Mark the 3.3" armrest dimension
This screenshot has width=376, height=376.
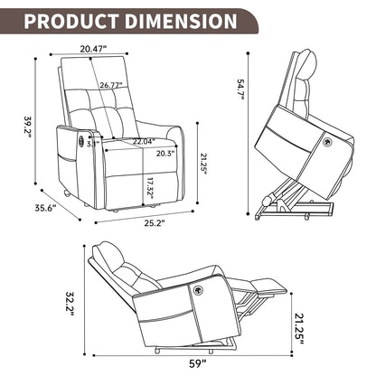click(x=92, y=143)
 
